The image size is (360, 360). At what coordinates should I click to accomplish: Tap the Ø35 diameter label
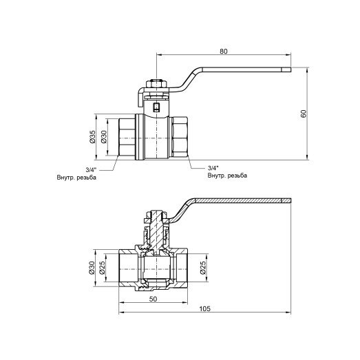[92, 137]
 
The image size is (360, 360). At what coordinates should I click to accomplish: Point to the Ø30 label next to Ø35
[104, 137]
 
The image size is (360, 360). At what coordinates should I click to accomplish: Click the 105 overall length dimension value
[204, 309]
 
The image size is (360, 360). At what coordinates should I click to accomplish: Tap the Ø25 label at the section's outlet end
[204, 268]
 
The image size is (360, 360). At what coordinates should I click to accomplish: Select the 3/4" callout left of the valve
[91, 169]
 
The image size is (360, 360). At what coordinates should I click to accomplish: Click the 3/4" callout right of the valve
[214, 167]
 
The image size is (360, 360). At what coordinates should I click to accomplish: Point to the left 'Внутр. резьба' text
[76, 178]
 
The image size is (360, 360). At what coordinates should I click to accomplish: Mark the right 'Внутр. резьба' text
[226, 176]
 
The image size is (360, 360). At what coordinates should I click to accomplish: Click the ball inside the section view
[156, 268]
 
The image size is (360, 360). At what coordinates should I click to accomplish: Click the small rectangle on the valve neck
[157, 107]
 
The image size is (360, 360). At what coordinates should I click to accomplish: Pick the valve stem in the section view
[157, 231]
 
